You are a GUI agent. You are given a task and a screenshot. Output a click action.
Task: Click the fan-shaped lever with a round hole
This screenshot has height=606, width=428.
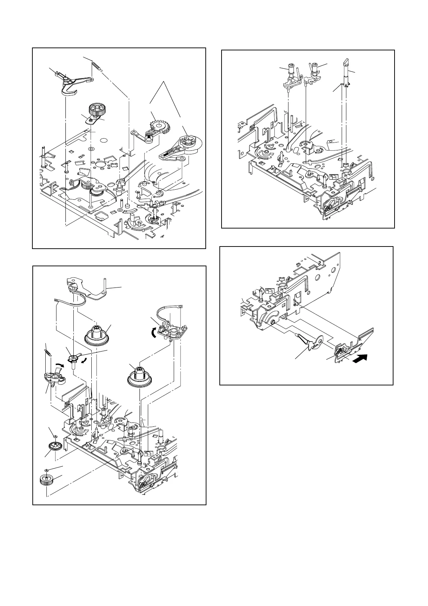tap(312, 342)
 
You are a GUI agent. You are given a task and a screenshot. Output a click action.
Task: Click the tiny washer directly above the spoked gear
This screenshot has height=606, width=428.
tap(54, 437)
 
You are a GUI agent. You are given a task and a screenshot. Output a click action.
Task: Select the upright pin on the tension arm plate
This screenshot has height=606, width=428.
tap(104, 285)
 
